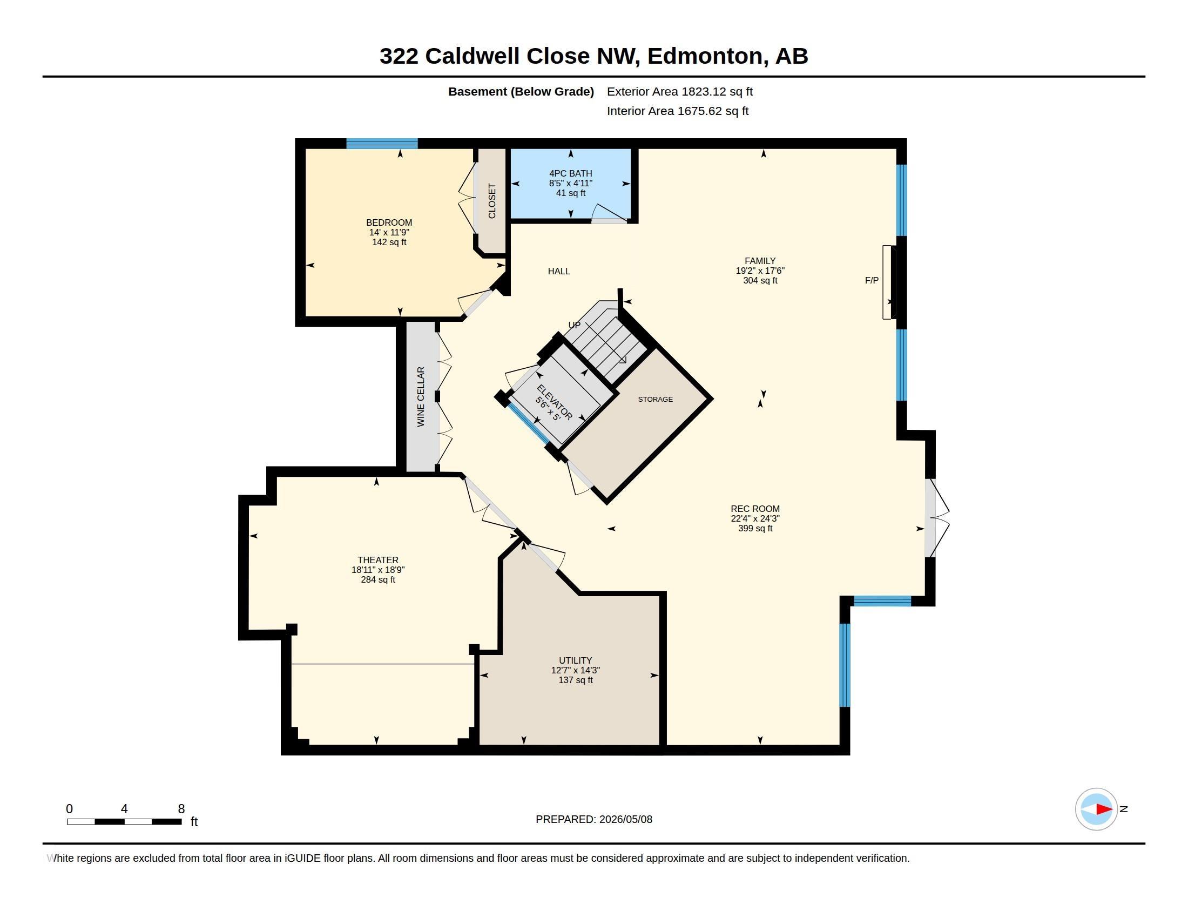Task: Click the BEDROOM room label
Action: [389, 222]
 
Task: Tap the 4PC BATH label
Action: [571, 173]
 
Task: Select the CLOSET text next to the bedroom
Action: [492, 201]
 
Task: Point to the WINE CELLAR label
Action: [421, 397]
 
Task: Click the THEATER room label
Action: [378, 560]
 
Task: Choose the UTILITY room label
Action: [576, 661]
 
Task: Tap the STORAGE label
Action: [656, 399]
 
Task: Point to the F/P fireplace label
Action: [872, 281]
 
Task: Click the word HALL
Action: [559, 272]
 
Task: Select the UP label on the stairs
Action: [575, 325]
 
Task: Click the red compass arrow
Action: [1104, 809]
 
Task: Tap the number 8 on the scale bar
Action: [181, 809]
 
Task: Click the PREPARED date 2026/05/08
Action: [625, 819]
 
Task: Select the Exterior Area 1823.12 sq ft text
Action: [680, 91]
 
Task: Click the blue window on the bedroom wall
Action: [382, 144]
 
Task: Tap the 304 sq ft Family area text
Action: [760, 281]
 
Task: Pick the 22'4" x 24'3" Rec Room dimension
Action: [755, 519]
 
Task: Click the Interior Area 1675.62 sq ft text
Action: [678, 111]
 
